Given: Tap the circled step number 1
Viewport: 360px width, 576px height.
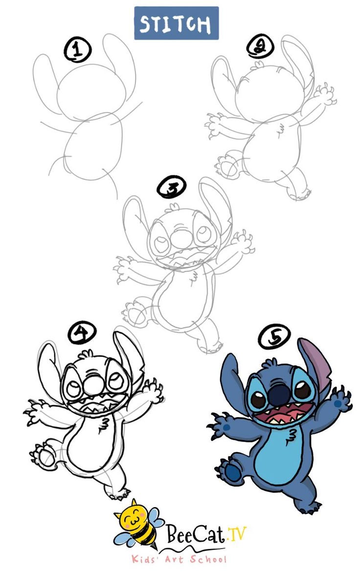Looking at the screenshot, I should [x=77, y=50].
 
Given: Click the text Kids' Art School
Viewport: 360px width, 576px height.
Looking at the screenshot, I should [x=180, y=559].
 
